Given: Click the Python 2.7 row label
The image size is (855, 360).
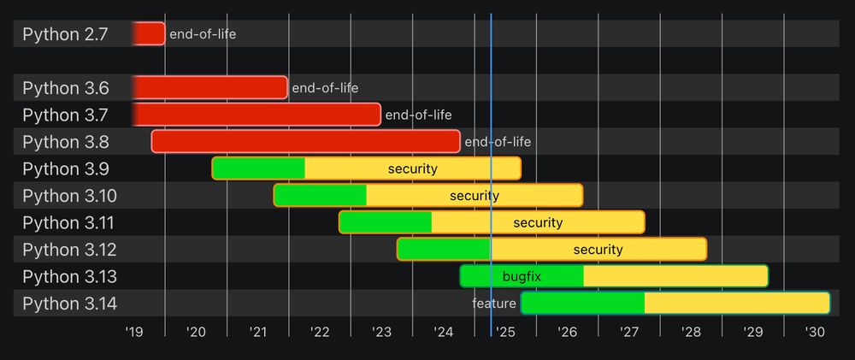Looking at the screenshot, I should [65, 34].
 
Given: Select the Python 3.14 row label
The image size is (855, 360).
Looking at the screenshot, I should [70, 304].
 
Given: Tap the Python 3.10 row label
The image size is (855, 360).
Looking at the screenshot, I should [70, 196].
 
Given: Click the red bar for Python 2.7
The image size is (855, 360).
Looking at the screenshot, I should [149, 34].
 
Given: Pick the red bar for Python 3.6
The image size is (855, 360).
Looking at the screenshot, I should [210, 87].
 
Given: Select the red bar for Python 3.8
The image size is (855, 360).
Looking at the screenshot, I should [305, 142].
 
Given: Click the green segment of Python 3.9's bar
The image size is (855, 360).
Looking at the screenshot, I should [259, 168].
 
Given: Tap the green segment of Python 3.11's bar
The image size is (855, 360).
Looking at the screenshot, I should [386, 222].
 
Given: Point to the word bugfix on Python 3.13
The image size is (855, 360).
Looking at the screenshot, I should [522, 276].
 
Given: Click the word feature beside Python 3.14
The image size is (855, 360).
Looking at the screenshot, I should [494, 304].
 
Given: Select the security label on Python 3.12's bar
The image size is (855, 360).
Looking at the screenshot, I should [598, 250].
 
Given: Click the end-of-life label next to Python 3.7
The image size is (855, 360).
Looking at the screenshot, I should [418, 115].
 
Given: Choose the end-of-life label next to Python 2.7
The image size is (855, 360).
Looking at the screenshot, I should [203, 34].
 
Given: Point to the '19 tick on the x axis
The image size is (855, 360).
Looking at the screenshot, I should [133, 332].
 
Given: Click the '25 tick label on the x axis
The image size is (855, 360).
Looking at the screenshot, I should [504, 332].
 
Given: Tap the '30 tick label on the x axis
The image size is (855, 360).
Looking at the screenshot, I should [814, 332].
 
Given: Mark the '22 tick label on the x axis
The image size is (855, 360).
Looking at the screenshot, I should [319, 332].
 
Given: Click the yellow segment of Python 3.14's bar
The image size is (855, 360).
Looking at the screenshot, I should [736, 304].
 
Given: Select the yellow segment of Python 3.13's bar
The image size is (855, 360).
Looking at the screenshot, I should [675, 276].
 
